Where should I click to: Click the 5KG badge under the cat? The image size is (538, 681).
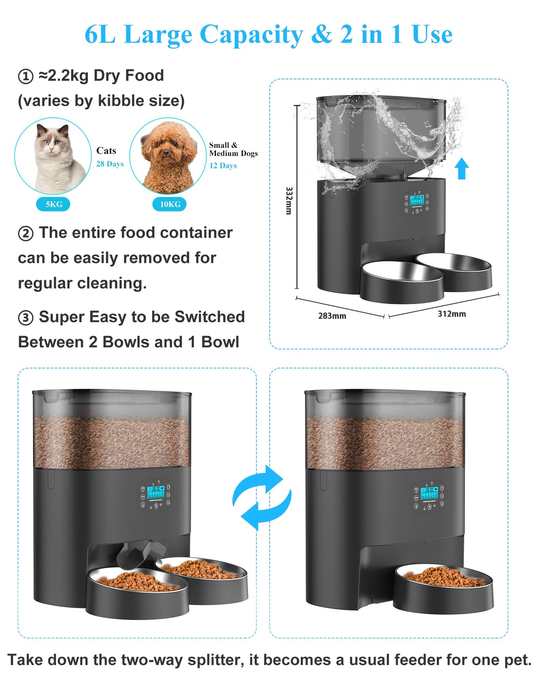(53, 204)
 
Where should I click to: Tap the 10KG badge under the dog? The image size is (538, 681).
(169, 204)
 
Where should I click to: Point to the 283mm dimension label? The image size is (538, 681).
(332, 316)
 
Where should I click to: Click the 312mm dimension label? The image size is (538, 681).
(452, 314)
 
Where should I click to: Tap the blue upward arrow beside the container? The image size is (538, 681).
(462, 168)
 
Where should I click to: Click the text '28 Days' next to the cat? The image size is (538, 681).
(110, 164)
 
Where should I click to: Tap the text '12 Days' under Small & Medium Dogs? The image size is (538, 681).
(223, 166)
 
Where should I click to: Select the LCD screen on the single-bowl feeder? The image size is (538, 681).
(429, 493)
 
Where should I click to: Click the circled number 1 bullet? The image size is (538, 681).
(26, 76)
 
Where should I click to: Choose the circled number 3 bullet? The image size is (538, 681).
(26, 318)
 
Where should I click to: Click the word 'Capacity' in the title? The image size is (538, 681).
(251, 34)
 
